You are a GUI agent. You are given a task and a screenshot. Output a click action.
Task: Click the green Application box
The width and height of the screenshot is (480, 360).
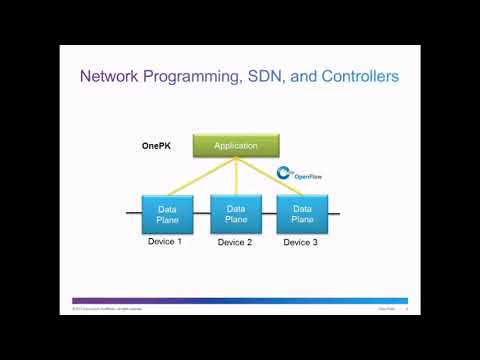point(236,146)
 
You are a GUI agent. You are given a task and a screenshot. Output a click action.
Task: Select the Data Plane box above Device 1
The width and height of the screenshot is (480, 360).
point(168,213)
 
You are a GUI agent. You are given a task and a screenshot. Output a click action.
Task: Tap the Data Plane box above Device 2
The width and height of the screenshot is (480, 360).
point(235,213)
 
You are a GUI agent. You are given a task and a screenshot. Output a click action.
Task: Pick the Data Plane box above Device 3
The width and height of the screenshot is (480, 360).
point(302,213)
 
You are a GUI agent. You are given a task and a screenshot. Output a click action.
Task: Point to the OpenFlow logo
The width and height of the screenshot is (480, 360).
point(293,175)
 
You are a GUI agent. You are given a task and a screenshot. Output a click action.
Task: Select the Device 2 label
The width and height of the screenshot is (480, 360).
point(235,243)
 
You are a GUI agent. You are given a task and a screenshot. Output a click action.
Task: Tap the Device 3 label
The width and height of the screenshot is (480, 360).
point(302,242)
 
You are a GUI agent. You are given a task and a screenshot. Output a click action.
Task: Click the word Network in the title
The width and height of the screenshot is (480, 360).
point(111,76)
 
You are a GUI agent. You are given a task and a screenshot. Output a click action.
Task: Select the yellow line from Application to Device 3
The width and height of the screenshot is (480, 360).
point(270,177)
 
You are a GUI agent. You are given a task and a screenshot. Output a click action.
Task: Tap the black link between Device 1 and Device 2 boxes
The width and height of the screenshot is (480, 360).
point(201,213)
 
